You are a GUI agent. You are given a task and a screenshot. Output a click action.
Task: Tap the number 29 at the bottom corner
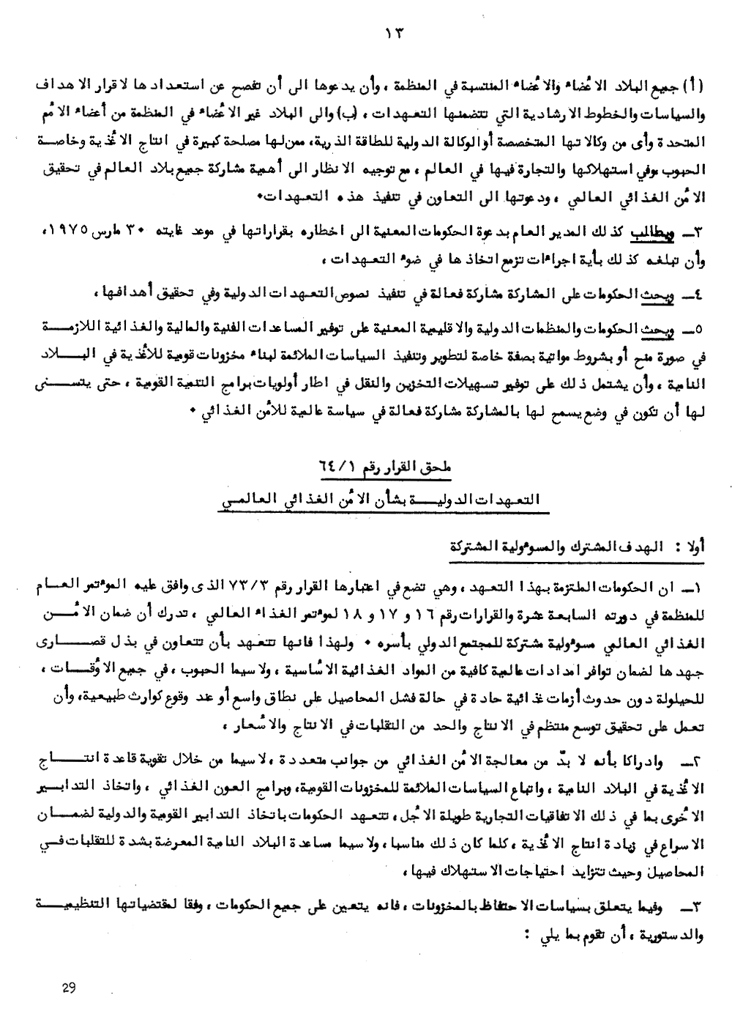pyautogui.click(x=70, y=988)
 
